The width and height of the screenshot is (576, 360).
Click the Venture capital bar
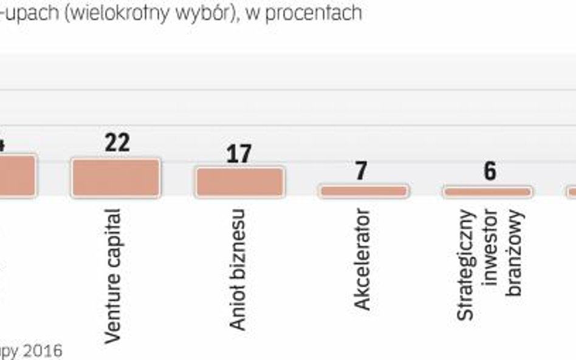(x=116, y=177)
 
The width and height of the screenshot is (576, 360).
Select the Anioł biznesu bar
(x=239, y=182)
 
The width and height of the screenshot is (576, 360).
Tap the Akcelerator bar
(x=364, y=191)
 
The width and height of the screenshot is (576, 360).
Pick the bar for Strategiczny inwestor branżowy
(x=487, y=192)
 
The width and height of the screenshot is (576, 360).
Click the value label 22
(x=117, y=143)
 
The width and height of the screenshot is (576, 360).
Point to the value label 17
(x=239, y=154)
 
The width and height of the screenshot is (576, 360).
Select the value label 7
(x=361, y=171)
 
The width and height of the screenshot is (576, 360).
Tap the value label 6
(x=490, y=171)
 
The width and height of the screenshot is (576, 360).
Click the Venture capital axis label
(x=114, y=276)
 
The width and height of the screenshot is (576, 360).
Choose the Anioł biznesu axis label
(x=238, y=270)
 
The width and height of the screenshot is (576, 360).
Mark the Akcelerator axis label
(x=363, y=259)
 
